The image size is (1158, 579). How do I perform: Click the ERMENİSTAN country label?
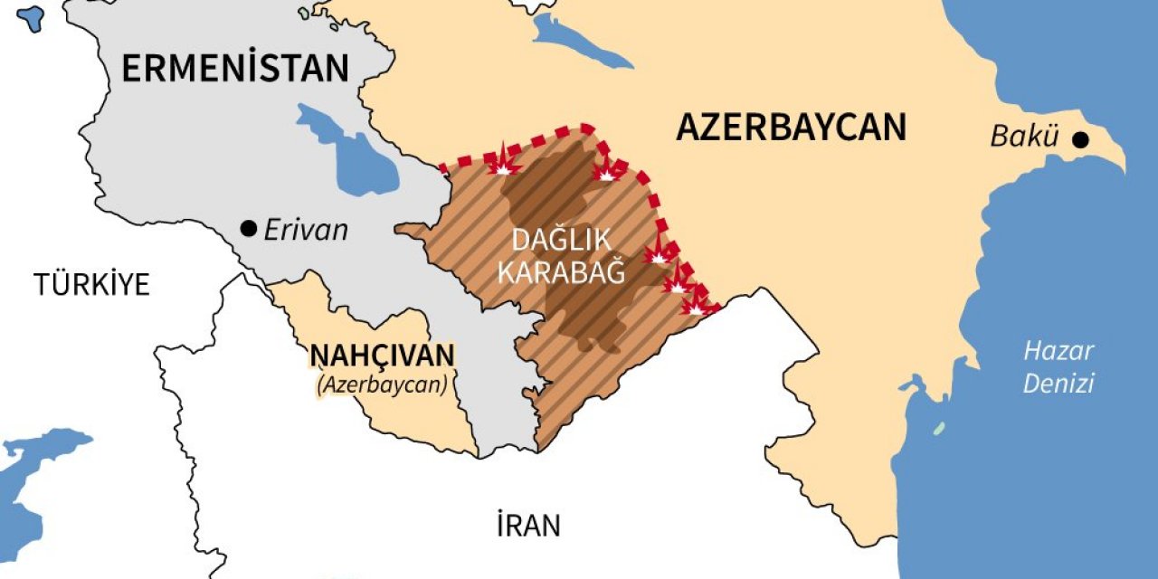click(x=234, y=69)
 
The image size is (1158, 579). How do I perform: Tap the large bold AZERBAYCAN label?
click(x=791, y=128)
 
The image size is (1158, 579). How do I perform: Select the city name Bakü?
click(x=1024, y=138)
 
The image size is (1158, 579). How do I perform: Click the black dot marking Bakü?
click(x=1079, y=139)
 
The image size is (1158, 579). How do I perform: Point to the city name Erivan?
click(x=306, y=230)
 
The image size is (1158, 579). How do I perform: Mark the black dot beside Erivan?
click(x=248, y=229)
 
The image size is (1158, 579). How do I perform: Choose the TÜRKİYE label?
click(x=91, y=284)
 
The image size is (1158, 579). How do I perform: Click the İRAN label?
click(x=527, y=525)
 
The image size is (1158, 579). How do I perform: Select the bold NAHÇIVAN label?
click(x=383, y=356)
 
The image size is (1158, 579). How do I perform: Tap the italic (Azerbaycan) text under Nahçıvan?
click(x=383, y=384)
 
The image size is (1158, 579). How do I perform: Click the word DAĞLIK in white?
click(x=562, y=241)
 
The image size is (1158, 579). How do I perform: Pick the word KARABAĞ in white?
click(x=562, y=271)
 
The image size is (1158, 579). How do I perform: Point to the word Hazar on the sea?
click(x=1058, y=351)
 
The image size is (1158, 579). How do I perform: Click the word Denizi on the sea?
click(x=1058, y=383)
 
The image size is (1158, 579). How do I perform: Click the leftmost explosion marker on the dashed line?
click(x=503, y=164)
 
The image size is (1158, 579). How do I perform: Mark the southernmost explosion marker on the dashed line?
click(x=698, y=304)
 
